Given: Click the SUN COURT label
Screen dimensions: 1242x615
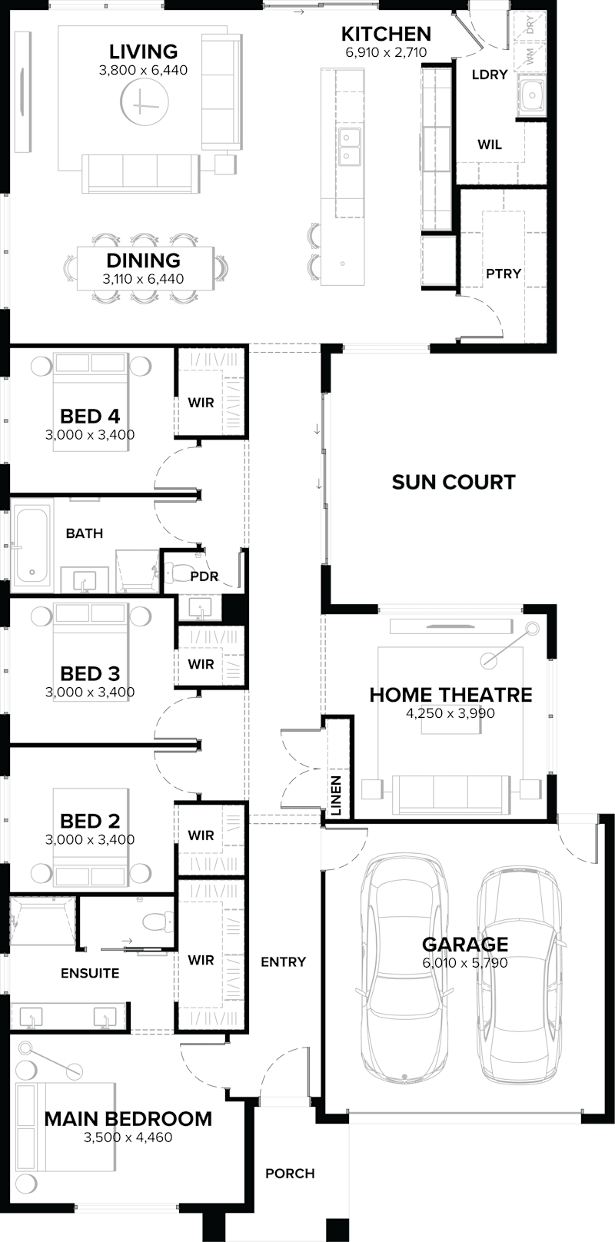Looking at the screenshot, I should pos(453,482).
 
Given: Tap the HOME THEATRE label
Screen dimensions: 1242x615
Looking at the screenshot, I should pos(450,695).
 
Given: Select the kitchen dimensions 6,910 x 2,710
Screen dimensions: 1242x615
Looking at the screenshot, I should pos(386,53).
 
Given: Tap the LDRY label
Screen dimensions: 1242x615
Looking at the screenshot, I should pos(490,75).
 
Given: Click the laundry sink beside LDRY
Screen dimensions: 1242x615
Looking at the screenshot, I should pos(531,97).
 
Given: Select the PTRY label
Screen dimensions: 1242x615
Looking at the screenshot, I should pos(504,274).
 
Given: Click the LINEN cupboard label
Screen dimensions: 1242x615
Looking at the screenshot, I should pos(336,795).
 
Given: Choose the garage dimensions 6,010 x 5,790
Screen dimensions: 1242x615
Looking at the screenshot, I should pos(465,963).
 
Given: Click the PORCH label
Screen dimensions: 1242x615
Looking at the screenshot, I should pos(290,1174).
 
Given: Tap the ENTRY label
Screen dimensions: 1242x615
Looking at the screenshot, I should pos(283,961).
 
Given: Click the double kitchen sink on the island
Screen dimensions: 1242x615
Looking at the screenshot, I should pos(349,147).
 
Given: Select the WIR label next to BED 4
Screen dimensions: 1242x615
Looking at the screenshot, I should pos(201,402).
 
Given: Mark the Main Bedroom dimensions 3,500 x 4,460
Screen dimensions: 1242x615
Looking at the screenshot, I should pos(128,1137).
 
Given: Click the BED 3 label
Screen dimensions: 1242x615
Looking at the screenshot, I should pos(90,673).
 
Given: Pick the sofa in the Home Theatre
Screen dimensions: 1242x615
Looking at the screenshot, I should pos(451,794).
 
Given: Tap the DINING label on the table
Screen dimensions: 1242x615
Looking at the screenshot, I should pos(143,261).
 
